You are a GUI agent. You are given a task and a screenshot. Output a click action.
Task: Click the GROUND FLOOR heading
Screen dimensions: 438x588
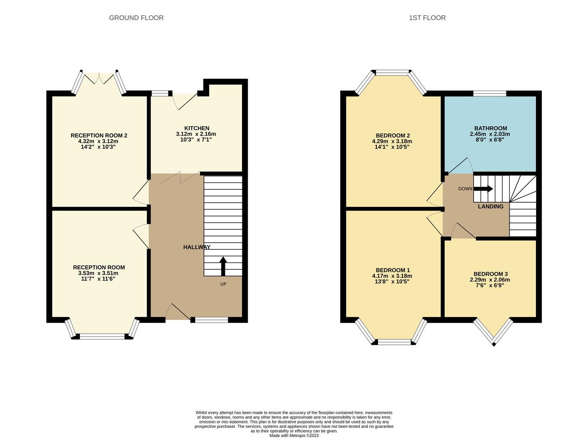[136, 18]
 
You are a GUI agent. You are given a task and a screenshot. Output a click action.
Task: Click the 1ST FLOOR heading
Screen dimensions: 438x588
[427, 18]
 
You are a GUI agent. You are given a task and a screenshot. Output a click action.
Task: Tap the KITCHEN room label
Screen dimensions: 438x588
[197, 128]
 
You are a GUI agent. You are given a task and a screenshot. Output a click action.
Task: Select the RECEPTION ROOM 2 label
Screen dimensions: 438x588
[99, 135]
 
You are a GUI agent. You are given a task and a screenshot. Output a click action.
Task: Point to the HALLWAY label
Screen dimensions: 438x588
[197, 247]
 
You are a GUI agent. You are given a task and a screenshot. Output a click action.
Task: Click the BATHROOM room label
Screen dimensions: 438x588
[490, 128]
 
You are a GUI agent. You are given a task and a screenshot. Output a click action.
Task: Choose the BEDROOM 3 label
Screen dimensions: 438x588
[490, 274]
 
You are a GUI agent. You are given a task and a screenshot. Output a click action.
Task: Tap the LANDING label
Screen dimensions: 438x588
[490, 206]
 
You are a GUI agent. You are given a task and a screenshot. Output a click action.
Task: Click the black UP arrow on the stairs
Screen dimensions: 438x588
[223, 266]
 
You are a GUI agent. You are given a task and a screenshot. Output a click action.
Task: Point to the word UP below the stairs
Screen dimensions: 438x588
[223, 284]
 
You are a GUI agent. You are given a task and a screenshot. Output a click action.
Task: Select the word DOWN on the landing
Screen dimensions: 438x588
[465, 189]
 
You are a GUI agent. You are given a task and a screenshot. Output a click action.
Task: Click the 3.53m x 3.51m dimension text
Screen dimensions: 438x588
[99, 273]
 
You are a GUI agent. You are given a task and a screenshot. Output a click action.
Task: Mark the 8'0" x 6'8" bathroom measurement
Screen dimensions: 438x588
[490, 140]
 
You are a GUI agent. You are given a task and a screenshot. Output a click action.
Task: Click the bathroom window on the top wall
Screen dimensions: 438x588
[490, 93]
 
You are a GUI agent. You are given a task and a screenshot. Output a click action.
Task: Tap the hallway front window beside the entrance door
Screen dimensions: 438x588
[212, 320]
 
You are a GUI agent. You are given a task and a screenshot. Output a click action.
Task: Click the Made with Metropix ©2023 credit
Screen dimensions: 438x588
[294, 436]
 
